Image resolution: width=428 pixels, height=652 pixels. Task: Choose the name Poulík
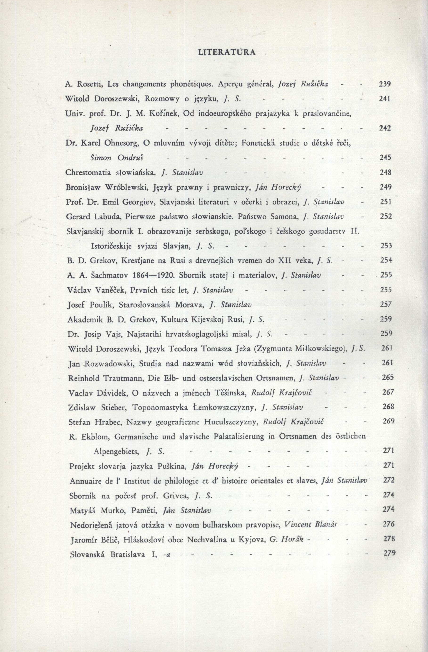point(103,305)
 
